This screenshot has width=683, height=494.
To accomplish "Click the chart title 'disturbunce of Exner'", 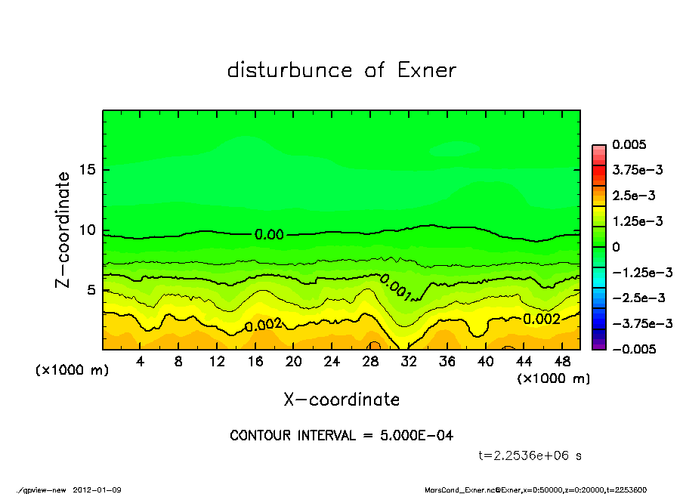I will pyautogui.click(x=341, y=71).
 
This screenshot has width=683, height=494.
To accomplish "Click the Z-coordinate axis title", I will pyautogui.click(x=63, y=230).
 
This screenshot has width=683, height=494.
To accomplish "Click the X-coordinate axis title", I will pyautogui.click(x=341, y=399).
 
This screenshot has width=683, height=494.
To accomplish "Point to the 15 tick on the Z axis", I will pyautogui.click(x=87, y=170).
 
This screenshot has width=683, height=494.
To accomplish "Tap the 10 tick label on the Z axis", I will pyautogui.click(x=87, y=230).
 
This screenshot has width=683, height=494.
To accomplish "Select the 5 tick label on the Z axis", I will pyautogui.click(x=91, y=290).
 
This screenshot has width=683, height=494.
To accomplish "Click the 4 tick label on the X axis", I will pyautogui.click(x=141, y=361).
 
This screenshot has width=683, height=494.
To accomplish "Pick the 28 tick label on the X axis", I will pyautogui.click(x=370, y=361).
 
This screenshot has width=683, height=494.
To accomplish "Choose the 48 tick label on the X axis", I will pyautogui.click(x=561, y=361).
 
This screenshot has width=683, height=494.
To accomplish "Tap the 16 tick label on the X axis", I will pyautogui.click(x=255, y=361).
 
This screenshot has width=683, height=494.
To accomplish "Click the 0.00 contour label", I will pyautogui.click(x=269, y=235).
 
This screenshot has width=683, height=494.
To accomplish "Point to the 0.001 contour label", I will pyautogui.click(x=396, y=288).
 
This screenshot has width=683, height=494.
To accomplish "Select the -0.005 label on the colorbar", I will pyautogui.click(x=633, y=349).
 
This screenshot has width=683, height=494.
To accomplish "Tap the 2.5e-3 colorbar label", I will pyautogui.click(x=633, y=196).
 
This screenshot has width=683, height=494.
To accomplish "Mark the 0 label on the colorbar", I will pyautogui.click(x=616, y=247).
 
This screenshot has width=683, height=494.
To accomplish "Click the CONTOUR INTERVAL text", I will pyautogui.click(x=341, y=436).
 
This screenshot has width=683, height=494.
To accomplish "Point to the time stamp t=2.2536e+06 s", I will pyautogui.click(x=530, y=455).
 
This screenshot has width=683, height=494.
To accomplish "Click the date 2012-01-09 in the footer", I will pyautogui.click(x=97, y=489).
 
